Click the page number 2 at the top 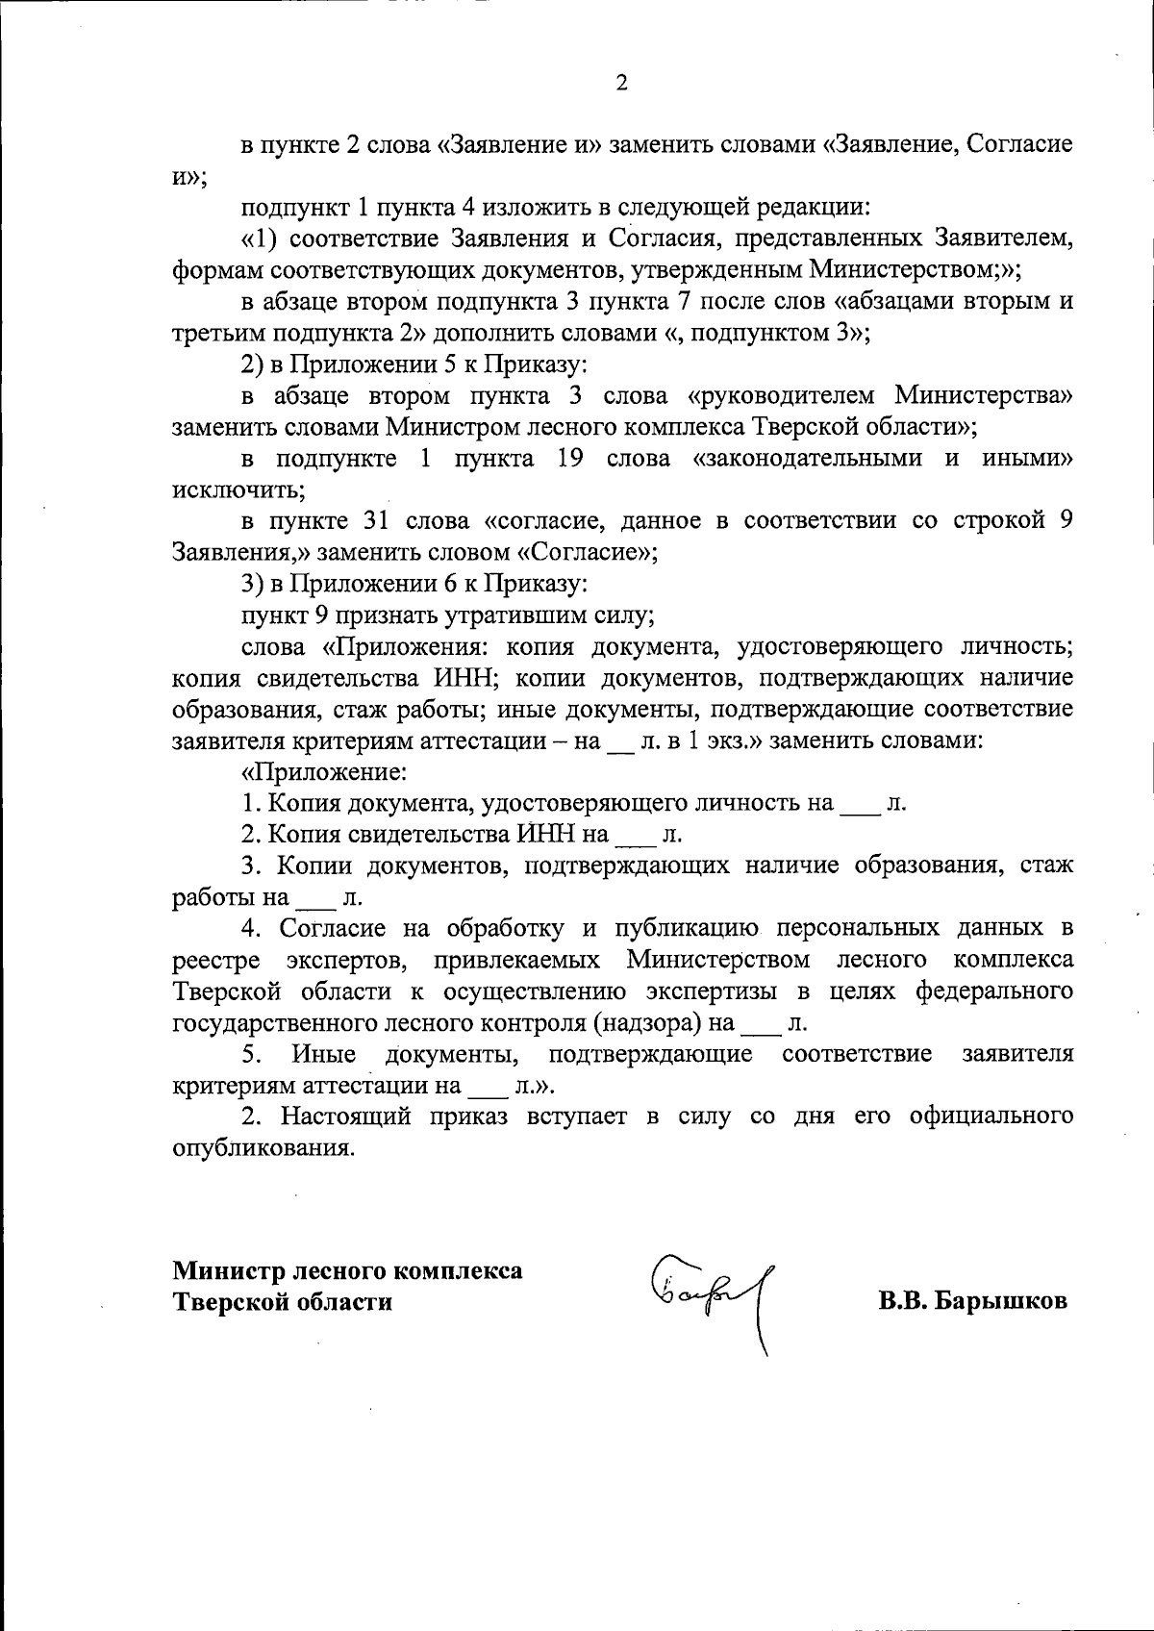point(621,84)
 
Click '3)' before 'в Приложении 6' point(252,583)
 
